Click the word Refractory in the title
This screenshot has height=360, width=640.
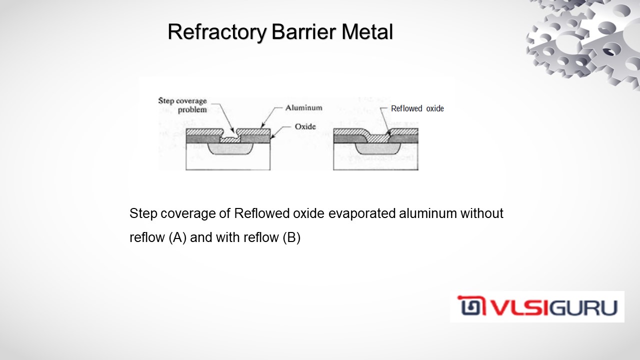pos(217,32)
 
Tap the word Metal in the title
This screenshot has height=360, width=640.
pos(367,32)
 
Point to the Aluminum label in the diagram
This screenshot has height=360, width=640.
pos(303,107)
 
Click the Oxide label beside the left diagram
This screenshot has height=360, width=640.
pos(305,126)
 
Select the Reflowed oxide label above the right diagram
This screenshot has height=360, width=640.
pos(417,108)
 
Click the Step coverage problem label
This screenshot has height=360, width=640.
pos(182,105)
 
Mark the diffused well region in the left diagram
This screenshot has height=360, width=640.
pos(228,149)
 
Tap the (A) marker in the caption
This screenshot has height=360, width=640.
pos(177,237)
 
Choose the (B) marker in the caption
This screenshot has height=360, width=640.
pos(291,237)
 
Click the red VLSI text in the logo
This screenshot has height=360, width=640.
pos(509,307)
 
